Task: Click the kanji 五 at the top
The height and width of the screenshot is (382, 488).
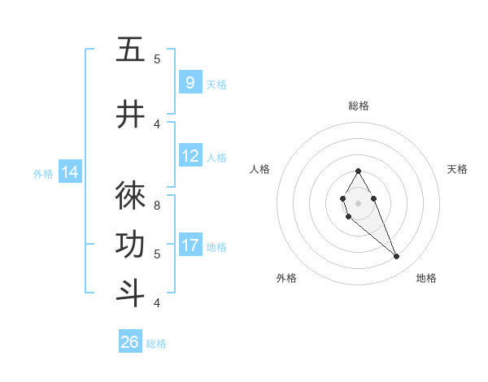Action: tap(130, 50)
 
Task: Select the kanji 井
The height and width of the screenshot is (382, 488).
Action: tap(130, 115)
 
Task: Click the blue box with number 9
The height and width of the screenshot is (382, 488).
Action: tap(190, 82)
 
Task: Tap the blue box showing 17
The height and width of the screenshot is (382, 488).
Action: tap(190, 245)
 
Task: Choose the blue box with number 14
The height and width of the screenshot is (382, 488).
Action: tap(69, 171)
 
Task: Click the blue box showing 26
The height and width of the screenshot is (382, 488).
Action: tap(130, 342)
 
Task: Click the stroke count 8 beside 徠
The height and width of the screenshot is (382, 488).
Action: tap(157, 197)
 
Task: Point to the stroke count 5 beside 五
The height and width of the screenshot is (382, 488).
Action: tap(157, 59)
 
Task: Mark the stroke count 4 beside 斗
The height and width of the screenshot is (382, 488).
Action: tap(157, 302)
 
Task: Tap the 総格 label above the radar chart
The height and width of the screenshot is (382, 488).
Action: tap(359, 106)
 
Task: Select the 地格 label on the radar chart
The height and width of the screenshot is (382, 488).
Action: tap(426, 278)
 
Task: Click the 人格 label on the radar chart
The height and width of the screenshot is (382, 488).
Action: tap(259, 169)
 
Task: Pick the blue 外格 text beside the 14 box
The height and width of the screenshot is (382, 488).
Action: tap(43, 173)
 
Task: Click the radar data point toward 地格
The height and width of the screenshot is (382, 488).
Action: tap(396, 257)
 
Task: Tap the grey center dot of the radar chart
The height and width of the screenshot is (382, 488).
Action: tap(359, 203)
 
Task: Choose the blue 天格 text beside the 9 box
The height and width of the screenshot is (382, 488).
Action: tap(216, 84)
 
